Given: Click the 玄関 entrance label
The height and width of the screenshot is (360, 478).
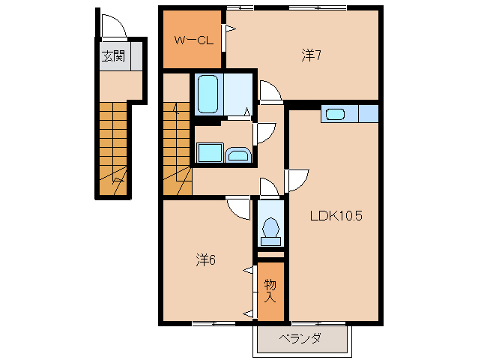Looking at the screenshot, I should [x=114, y=55].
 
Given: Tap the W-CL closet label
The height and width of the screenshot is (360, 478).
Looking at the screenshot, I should [x=196, y=40].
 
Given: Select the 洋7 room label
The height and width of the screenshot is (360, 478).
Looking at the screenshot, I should [x=312, y=55].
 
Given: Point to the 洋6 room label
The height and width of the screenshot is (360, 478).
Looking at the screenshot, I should [x=206, y=260].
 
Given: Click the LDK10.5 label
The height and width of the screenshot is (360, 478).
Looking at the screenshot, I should [x=336, y=217].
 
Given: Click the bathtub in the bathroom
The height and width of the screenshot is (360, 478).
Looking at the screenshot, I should [x=208, y=94].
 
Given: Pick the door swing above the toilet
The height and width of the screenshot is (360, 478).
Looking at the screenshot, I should [x=268, y=187].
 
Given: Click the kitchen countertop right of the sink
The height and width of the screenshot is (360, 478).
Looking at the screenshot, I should [x=368, y=114].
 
